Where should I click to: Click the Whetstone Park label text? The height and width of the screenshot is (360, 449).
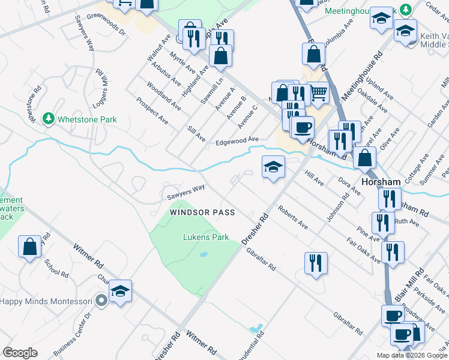pos(87,119)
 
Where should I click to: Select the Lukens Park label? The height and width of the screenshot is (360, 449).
pos(206,237)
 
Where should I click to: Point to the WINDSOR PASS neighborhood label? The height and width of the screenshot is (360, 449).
pos(202,212)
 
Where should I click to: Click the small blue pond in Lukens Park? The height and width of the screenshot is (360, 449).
pos(203,254)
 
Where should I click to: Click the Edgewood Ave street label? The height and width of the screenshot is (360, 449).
pos(237,141)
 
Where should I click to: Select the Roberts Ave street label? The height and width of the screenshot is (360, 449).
pos(292,218)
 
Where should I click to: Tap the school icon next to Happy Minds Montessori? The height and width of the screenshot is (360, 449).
pos(120,292)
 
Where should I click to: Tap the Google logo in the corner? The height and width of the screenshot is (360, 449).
pos(20,352)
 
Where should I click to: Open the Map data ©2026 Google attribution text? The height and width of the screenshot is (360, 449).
pos(412,355)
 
